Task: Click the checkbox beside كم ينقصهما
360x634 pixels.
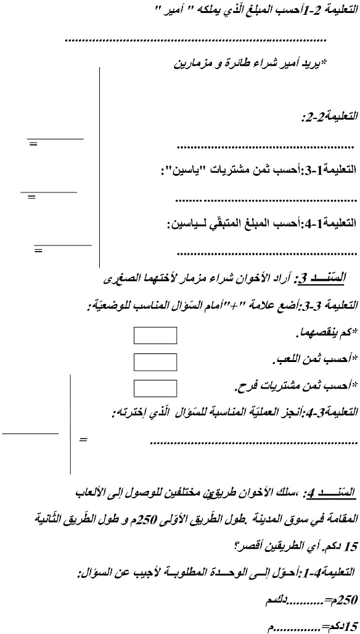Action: [155, 335]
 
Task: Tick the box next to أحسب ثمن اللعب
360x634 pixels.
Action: [155, 361]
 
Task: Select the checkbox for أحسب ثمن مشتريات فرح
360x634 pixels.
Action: [155, 388]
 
